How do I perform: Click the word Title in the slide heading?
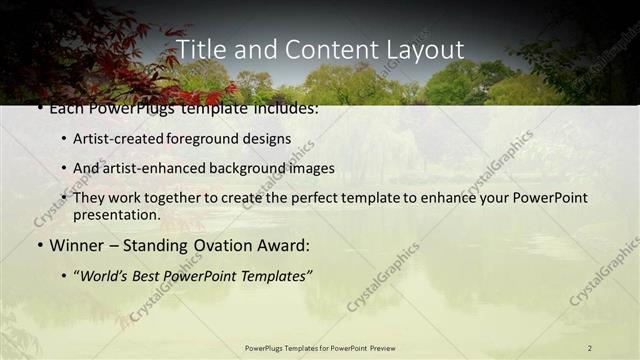(x=201, y=49)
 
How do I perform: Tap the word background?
(x=250, y=168)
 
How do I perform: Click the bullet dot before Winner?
(x=39, y=245)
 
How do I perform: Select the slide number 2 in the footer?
(x=589, y=348)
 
